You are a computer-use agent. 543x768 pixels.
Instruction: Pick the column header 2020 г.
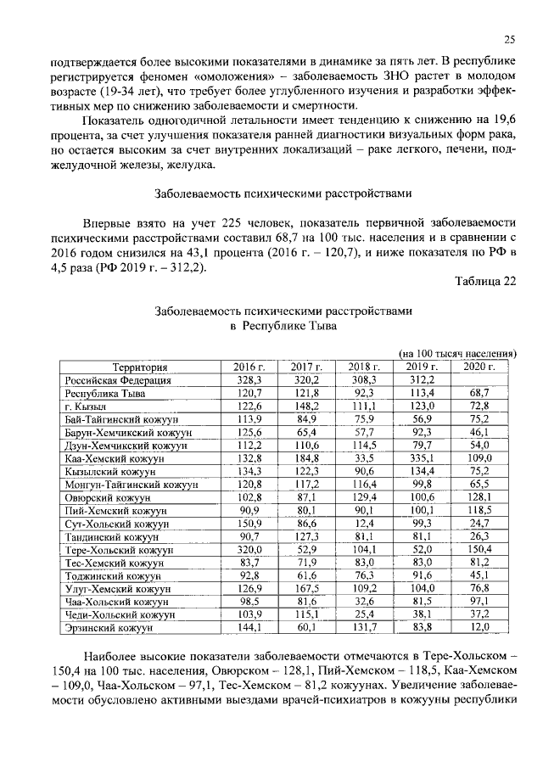pos(479,367)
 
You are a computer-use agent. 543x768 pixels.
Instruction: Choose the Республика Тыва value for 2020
pos(479,394)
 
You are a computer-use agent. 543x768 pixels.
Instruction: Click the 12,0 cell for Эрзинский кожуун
pos(479,652)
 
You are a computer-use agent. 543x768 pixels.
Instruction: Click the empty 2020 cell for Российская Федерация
pos(479,380)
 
